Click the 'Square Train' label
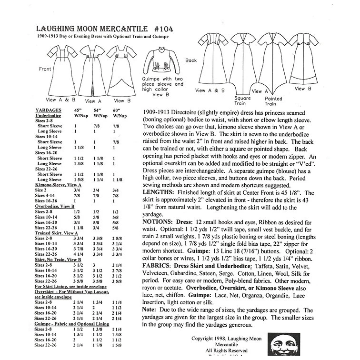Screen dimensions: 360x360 (x=242, y=101)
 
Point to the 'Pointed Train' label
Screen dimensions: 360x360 (x=270, y=101)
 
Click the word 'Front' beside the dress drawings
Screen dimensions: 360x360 (x=45, y=69)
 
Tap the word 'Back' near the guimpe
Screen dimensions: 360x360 (x=191, y=60)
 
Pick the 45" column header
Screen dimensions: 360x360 (x=79, y=110)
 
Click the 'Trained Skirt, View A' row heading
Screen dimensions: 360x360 (x=56, y=233)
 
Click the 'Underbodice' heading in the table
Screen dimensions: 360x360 (x=49, y=115)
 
